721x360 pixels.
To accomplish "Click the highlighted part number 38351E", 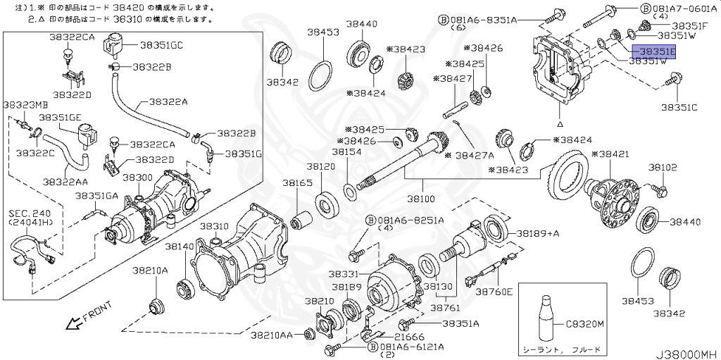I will coord(653,51).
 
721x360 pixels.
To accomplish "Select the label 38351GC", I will coord(161,44).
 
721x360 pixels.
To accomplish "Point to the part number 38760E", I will coord(494,290).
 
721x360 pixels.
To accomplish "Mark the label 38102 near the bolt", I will coord(663,168).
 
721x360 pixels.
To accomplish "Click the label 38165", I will coord(297,182).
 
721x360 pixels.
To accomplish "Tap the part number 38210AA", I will coord(273,335).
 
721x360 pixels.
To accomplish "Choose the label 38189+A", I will coord(538,233).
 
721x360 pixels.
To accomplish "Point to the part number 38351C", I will coord(679,107).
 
